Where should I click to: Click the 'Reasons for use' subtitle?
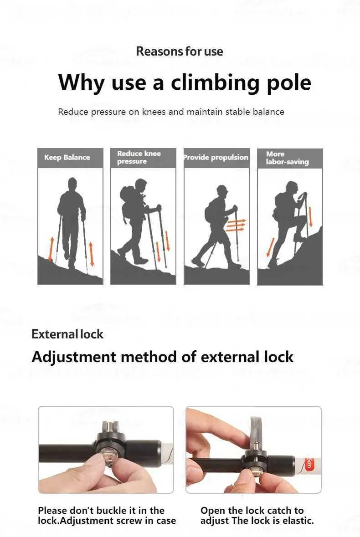point(180,51)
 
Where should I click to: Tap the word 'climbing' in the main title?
point(215,83)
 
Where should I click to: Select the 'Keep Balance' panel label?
point(67,158)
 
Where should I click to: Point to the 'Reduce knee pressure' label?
point(139,158)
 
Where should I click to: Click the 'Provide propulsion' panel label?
point(216,158)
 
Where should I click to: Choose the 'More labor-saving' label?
point(287,158)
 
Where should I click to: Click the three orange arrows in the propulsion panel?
point(237,225)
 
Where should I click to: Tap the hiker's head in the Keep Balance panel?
point(72,184)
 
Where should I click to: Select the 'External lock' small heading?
point(67,334)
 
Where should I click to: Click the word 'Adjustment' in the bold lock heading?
point(74,357)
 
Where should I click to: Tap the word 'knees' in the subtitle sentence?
point(154,112)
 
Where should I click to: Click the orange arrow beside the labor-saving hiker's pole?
point(311,216)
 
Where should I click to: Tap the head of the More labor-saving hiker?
point(292,189)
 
